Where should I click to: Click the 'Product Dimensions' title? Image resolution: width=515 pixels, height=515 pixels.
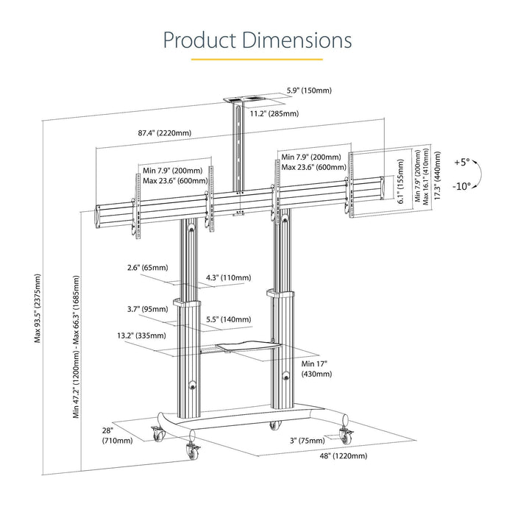click(257, 39)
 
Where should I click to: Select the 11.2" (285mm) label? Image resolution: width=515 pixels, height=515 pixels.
click(274, 113)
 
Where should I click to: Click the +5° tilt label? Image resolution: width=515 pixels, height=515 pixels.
click(462, 160)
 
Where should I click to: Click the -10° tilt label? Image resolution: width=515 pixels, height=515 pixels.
click(461, 187)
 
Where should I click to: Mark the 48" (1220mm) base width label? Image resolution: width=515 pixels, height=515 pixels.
click(321, 455)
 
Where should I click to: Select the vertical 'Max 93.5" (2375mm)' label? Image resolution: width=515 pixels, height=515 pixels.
click(38, 308)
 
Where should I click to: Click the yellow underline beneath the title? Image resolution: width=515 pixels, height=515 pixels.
click(257, 59)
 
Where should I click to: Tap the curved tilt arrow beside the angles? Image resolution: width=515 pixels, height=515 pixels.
click(477, 174)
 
